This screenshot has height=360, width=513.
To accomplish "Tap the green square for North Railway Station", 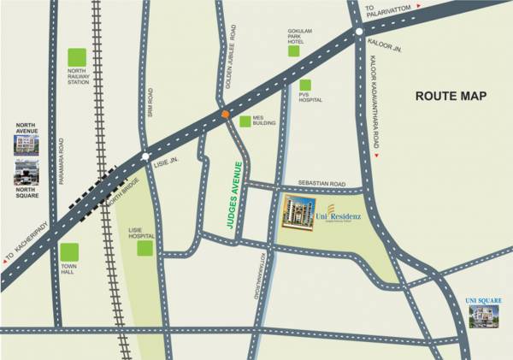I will point(78,58).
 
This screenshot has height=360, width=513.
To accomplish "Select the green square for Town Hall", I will point(69,252).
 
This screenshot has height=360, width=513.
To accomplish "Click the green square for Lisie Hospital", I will point(144,249).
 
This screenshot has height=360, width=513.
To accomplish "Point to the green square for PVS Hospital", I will point(304,85).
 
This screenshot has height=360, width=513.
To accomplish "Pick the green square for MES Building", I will point(245,121).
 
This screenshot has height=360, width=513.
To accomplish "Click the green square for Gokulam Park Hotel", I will point(294,50).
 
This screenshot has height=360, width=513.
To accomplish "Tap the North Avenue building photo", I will point(27,143).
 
